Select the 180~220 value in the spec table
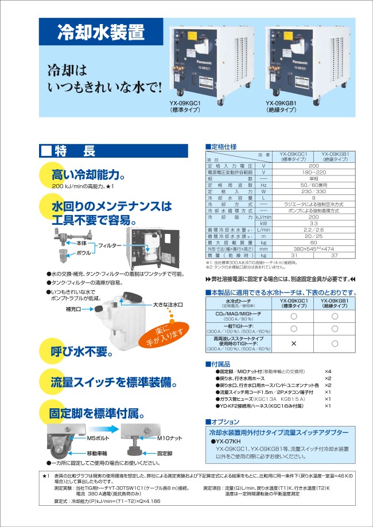313,171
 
